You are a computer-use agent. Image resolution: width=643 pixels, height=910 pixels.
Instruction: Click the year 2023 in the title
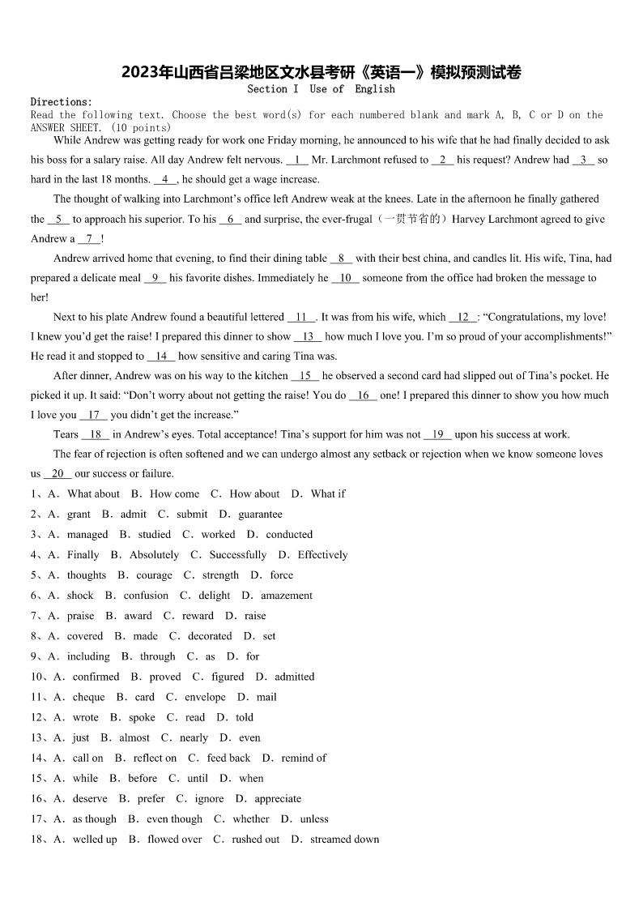(x=139, y=73)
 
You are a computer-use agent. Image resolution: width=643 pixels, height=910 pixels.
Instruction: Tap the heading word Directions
(x=61, y=102)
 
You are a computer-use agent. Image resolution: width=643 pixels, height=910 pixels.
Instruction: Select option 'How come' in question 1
(x=174, y=493)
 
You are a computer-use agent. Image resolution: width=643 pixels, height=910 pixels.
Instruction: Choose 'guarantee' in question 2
(x=260, y=514)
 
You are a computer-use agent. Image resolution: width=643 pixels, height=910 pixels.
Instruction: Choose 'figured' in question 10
(x=228, y=677)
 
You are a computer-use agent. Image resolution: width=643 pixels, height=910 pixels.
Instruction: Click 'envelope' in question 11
(x=205, y=697)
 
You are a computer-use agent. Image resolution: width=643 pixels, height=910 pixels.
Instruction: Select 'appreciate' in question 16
(x=278, y=798)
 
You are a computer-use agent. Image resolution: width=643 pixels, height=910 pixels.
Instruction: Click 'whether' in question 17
(x=251, y=818)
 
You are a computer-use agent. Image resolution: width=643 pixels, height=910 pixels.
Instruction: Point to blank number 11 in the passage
(x=301, y=317)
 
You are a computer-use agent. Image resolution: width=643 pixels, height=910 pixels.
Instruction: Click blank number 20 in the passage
(x=57, y=473)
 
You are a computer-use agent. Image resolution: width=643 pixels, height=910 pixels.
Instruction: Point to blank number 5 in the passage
(x=58, y=219)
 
